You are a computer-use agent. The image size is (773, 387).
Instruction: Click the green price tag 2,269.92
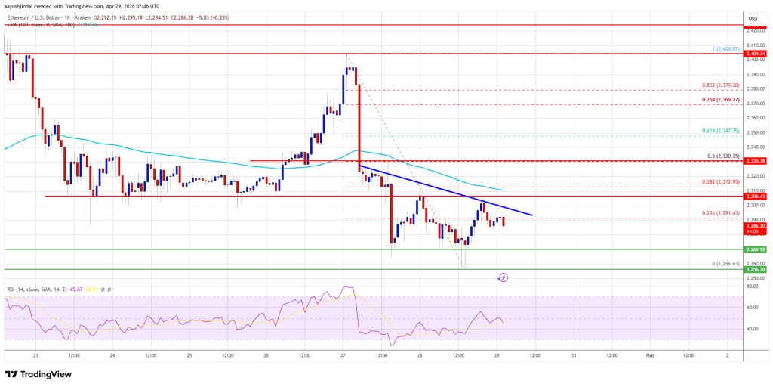point(756,249)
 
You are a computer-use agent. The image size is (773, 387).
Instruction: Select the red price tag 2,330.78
point(756,161)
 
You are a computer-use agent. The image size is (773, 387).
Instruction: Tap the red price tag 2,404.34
point(756,54)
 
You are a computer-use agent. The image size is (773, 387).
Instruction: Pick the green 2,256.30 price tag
point(756,269)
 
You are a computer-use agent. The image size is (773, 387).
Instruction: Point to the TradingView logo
point(38,374)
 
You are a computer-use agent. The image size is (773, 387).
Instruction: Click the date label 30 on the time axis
point(574,354)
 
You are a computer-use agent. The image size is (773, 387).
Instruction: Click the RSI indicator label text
point(30,289)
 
